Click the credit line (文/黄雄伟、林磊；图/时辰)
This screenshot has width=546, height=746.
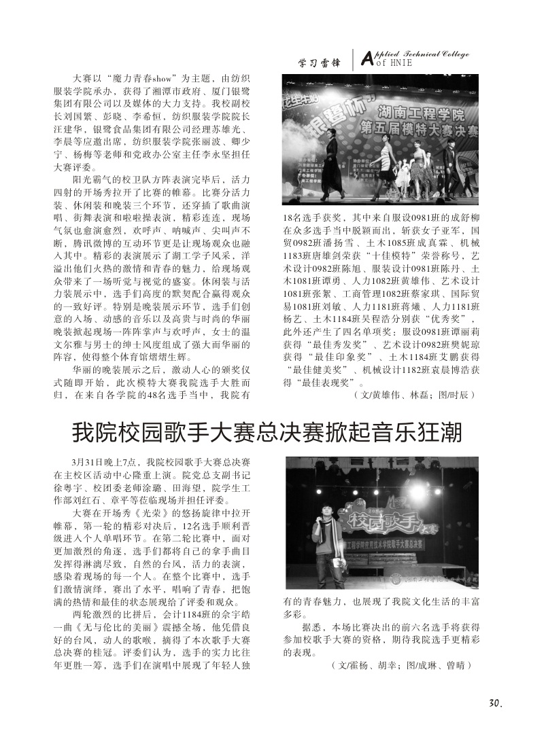[413, 394]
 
